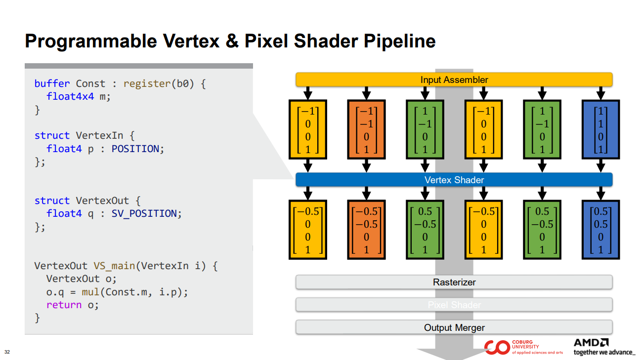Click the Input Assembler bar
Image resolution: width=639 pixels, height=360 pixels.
pyautogui.click(x=454, y=80)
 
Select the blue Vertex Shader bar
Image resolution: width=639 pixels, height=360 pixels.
pyautogui.click(x=454, y=180)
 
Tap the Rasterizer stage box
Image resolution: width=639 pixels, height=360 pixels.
pyautogui.click(x=454, y=282)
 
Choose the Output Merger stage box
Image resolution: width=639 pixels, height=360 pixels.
pyautogui.click(x=454, y=327)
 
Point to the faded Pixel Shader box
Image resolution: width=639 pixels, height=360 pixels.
pyautogui.click(x=454, y=305)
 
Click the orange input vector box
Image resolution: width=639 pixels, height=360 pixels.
pyautogui.click(x=366, y=129)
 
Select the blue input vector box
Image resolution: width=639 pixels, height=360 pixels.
pyautogui.click(x=600, y=129)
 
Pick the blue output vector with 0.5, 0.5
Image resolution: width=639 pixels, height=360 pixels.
pyautogui.click(x=600, y=231)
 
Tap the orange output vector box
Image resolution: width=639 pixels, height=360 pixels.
pyautogui.click(x=366, y=231)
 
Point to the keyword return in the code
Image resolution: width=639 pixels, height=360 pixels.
pyautogui.click(x=64, y=305)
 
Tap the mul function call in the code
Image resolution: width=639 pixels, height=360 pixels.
pyautogui.click(x=90, y=292)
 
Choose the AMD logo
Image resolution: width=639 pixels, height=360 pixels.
pyautogui.click(x=591, y=342)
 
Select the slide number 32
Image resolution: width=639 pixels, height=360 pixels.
pyautogui.click(x=7, y=352)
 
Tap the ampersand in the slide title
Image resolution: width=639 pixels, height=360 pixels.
pyautogui.click(x=232, y=41)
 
